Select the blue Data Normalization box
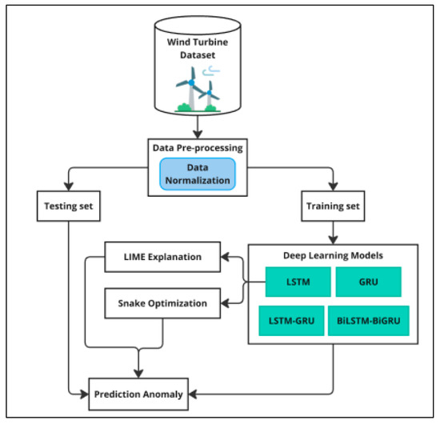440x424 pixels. tap(198, 174)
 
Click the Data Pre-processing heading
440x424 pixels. tap(197, 147)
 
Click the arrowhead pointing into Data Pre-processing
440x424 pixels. tap(198, 132)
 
